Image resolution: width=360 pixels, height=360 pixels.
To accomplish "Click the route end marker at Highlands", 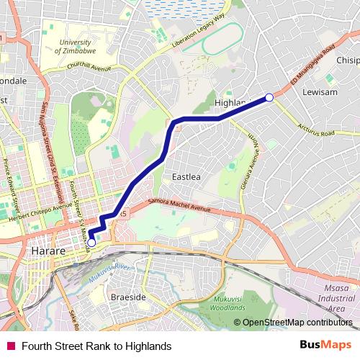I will [x=269, y=98].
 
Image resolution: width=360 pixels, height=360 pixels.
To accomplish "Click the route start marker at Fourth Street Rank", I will [x=91, y=243].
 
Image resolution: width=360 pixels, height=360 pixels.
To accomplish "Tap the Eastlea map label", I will [x=186, y=176].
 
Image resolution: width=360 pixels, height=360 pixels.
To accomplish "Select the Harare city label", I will [x=50, y=251].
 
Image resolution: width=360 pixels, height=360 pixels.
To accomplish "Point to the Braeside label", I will [x=127, y=297].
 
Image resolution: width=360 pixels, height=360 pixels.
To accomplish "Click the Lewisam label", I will [x=319, y=93].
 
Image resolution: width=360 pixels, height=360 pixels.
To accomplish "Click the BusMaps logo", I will [x=326, y=346].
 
